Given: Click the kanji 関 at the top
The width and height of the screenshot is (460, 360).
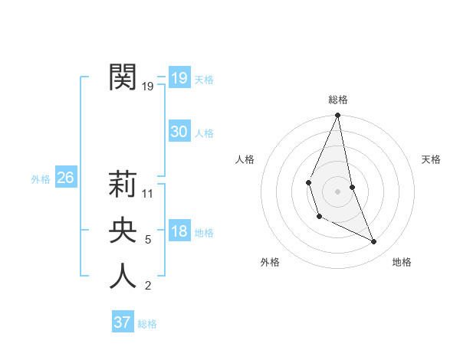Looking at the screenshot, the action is [x=123, y=77].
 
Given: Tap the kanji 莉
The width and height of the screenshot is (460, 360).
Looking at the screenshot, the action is [x=123, y=184].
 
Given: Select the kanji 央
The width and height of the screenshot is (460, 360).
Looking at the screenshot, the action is [x=123, y=230].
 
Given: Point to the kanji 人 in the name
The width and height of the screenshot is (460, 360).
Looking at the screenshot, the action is [x=123, y=276].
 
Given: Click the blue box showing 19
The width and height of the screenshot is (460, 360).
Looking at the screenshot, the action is [x=179, y=78].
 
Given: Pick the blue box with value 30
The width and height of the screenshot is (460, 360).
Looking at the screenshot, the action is [x=179, y=132].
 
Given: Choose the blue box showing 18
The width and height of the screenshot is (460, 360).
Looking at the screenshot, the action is [x=179, y=231].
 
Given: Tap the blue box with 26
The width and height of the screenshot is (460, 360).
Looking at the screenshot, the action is [x=65, y=178].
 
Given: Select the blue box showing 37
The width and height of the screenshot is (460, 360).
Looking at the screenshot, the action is [x=123, y=322].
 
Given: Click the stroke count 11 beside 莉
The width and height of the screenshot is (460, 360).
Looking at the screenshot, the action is [x=148, y=194].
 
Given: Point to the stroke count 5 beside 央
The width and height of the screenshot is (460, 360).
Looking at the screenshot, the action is [x=148, y=240].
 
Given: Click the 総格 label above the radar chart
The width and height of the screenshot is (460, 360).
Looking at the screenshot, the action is [x=337, y=100].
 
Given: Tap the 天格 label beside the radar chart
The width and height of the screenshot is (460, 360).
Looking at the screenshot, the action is [x=432, y=159].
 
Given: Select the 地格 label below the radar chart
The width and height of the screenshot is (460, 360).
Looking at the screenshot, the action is [x=402, y=262].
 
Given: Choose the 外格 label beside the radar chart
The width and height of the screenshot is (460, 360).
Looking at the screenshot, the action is [x=270, y=262].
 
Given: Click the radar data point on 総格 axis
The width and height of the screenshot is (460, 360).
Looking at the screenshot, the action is [x=337, y=116].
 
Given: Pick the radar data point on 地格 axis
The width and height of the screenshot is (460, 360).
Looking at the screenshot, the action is [x=374, y=241].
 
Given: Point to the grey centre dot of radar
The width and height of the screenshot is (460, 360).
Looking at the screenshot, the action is [x=337, y=191].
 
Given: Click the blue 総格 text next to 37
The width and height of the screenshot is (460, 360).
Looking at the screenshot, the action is [x=147, y=324].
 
